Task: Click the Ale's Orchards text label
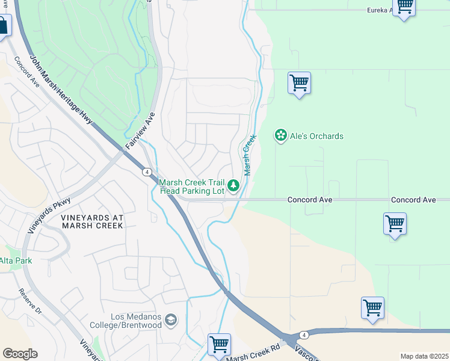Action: (x=316, y=136)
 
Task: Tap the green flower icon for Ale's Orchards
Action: (x=280, y=135)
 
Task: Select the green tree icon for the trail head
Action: (x=234, y=186)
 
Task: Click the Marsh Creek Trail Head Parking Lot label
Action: (x=191, y=187)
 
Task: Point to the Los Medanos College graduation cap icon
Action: (x=171, y=319)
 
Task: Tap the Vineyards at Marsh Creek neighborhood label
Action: (x=92, y=221)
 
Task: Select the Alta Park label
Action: (x=16, y=261)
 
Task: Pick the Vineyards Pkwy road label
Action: (x=49, y=215)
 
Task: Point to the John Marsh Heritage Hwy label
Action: (x=61, y=90)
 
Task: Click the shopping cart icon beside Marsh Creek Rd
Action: (x=220, y=345)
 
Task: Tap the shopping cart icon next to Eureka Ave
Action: (x=404, y=7)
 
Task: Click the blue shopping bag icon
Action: (x=2, y=26)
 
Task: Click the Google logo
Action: (x=20, y=354)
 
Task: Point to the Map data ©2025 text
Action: (x=424, y=356)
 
